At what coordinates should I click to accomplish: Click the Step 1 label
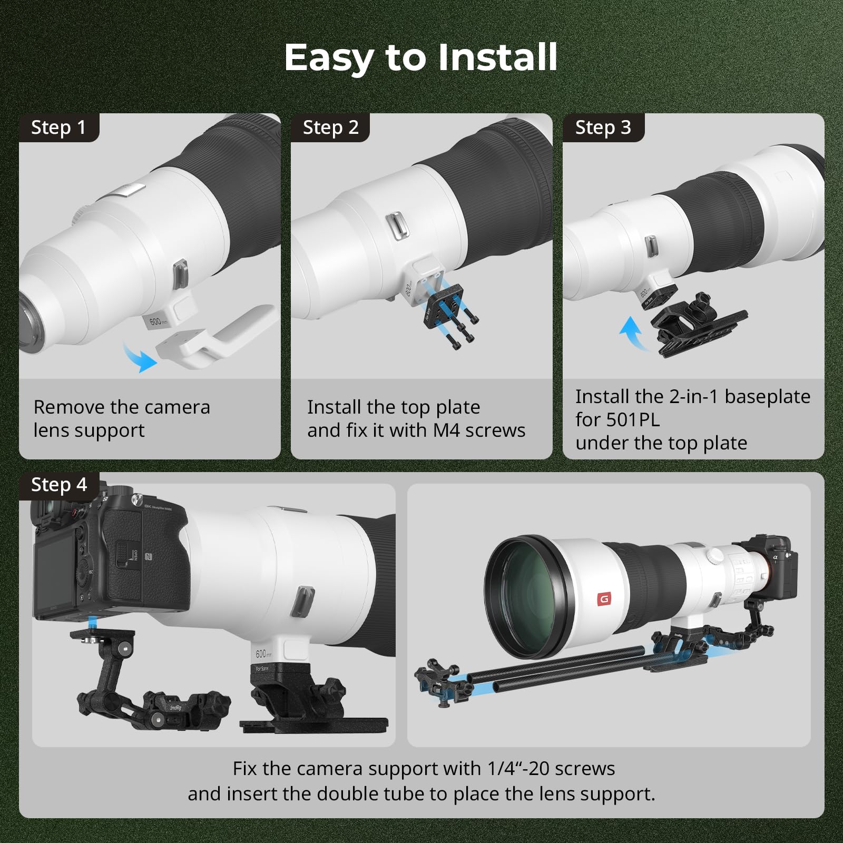tap(58, 128)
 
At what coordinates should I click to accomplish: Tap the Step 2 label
tap(330, 128)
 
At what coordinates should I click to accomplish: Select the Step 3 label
tap(603, 128)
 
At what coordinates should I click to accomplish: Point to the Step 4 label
tap(58, 485)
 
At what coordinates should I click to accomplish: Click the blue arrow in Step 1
tap(140, 357)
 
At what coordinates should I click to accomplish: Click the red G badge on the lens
tap(604, 599)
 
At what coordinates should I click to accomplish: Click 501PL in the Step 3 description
tap(633, 420)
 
